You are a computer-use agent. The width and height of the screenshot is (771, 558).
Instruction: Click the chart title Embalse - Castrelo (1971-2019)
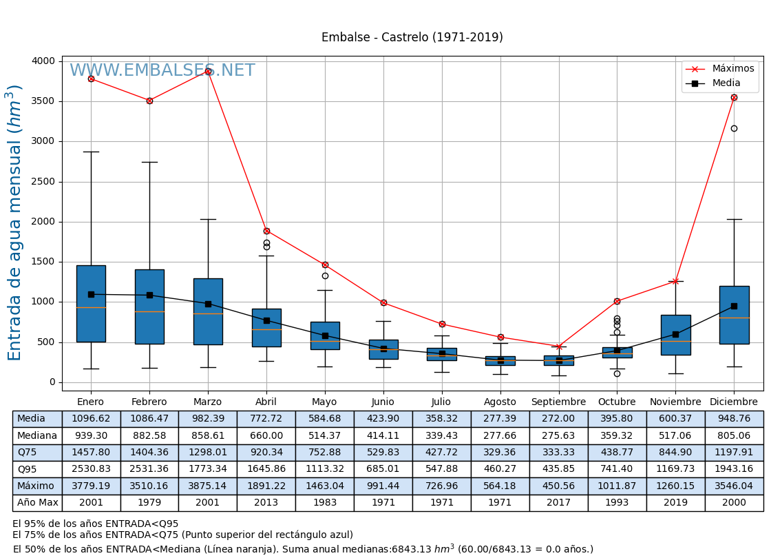(412, 38)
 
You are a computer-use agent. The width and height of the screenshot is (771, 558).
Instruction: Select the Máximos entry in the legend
(732, 69)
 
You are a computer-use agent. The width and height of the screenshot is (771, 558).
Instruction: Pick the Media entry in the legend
(726, 83)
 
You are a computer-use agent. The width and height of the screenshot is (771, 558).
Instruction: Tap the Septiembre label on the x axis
(558, 402)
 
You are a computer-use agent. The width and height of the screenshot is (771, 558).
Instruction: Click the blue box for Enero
(91, 303)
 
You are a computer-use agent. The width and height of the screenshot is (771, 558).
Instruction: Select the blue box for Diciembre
(734, 315)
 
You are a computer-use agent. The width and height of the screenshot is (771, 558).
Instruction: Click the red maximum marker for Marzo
(208, 71)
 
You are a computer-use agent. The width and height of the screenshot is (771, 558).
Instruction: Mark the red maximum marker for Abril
(266, 231)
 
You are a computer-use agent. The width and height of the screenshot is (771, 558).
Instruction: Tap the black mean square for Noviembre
(675, 334)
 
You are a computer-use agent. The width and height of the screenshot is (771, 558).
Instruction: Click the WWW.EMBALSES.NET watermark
(162, 71)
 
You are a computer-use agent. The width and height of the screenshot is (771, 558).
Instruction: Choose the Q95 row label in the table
(28, 469)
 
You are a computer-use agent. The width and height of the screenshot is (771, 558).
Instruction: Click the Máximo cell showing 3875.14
(207, 486)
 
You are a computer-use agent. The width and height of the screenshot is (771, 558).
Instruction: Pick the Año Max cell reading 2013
(266, 503)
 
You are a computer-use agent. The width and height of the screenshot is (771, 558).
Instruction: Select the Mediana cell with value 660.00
(266, 435)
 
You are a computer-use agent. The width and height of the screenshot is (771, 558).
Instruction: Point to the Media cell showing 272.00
(558, 419)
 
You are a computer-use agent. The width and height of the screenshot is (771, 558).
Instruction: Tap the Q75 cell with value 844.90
(675, 453)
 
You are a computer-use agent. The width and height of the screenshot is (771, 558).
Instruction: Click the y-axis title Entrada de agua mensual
(15, 222)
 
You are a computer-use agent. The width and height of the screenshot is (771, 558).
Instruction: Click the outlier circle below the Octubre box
(617, 373)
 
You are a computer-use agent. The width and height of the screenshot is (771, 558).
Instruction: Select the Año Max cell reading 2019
(675, 503)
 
